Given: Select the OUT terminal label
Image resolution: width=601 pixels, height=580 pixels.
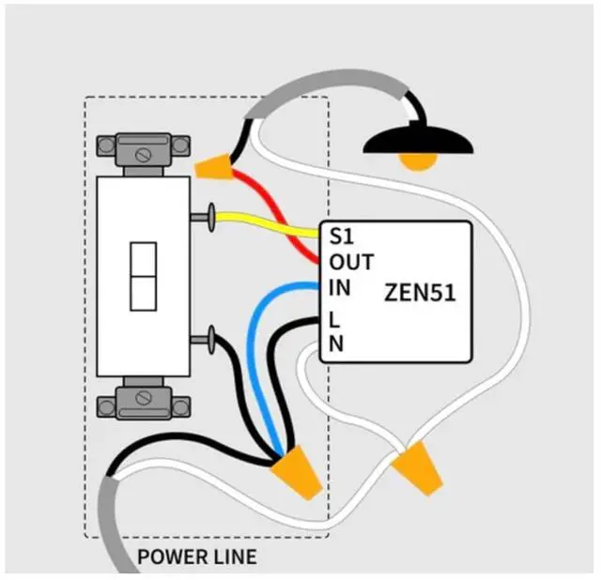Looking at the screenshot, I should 351,262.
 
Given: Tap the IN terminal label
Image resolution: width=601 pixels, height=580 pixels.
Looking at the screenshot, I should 339,287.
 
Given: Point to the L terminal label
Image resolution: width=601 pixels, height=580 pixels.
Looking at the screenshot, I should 334,319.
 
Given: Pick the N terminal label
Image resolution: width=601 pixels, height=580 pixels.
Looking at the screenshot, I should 335,343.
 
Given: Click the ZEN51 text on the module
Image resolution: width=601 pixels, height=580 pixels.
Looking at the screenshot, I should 420,292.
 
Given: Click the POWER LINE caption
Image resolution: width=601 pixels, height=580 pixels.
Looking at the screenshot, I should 196,557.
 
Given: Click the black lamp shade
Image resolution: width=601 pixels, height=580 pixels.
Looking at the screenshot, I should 418,140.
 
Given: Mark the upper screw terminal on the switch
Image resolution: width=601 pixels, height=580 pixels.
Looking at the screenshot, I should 208,217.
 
